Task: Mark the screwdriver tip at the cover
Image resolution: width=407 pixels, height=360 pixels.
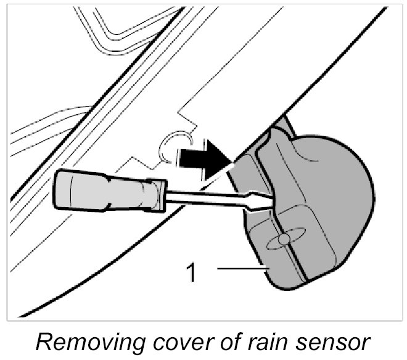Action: [269, 198]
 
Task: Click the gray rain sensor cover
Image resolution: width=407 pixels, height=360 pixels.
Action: [314, 210]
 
